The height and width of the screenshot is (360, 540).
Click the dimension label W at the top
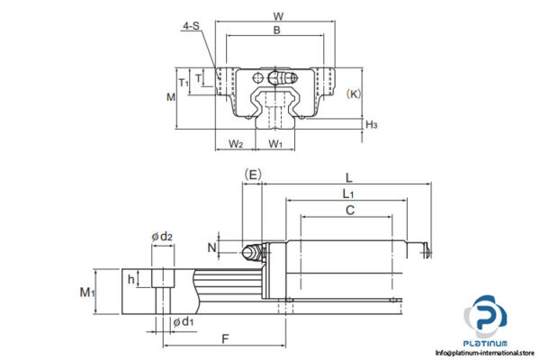point(278,15)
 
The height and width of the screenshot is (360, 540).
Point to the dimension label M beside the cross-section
point(171,95)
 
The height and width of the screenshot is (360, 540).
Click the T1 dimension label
point(184,82)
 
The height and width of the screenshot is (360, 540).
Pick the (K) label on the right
point(355,93)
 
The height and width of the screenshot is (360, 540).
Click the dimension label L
point(347,177)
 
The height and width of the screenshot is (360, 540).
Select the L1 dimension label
point(347,193)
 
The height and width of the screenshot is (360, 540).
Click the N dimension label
point(212,247)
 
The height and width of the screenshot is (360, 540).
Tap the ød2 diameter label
point(161,237)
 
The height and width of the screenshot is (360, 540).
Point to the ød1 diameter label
point(181,321)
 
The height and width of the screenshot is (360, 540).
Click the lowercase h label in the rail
point(131,279)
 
